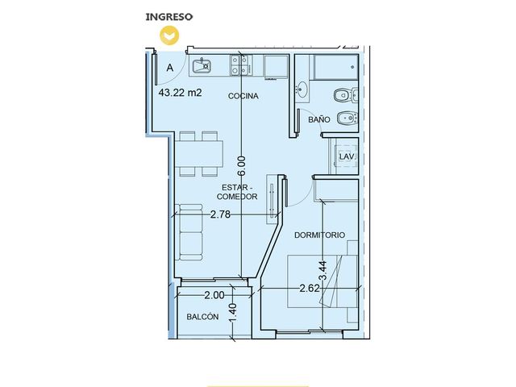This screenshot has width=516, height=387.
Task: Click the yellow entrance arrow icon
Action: click(x=169, y=35)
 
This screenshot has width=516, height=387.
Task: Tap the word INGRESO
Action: click(x=169, y=17)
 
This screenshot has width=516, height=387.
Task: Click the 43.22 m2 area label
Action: click(x=180, y=93)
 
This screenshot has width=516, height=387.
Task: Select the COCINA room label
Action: click(x=243, y=96)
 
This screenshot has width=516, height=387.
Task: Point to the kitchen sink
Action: click(x=202, y=66)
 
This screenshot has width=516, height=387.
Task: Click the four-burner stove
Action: click(x=240, y=65)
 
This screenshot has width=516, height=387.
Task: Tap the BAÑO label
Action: click(x=319, y=119)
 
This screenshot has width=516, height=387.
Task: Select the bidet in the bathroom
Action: click(x=347, y=119)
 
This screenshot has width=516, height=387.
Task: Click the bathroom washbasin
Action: click(x=302, y=89)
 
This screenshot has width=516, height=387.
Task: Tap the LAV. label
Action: click(x=347, y=156)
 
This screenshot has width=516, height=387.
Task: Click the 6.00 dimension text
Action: click(x=242, y=166)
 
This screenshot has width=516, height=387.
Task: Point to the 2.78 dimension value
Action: click(x=220, y=214)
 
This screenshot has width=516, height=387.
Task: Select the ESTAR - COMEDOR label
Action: click(x=237, y=192)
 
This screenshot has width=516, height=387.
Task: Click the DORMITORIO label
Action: click(x=319, y=235)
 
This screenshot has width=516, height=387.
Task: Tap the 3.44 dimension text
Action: click(x=324, y=271)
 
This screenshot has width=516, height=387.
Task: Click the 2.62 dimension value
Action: click(x=310, y=289)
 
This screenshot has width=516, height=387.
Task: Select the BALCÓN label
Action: click(x=202, y=317)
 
